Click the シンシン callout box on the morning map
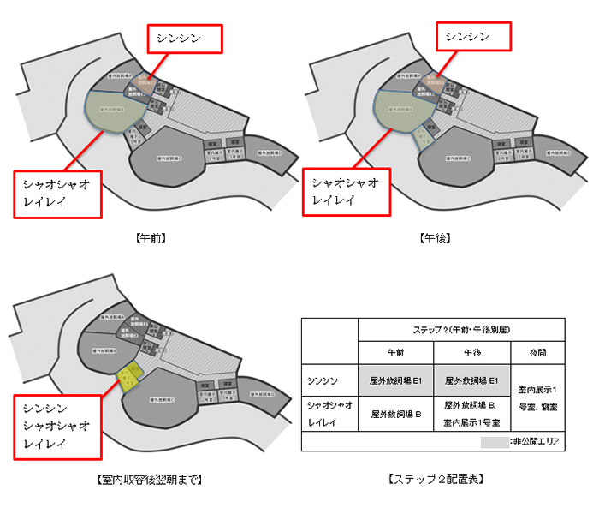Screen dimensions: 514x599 coord(185,37)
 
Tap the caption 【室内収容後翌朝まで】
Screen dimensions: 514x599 coord(150,479)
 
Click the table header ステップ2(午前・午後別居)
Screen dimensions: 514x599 coord(462,330)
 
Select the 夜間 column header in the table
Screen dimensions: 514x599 coord(537,353)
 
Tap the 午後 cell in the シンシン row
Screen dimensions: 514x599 coord(471,381)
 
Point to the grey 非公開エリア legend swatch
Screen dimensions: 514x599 coord(494,442)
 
